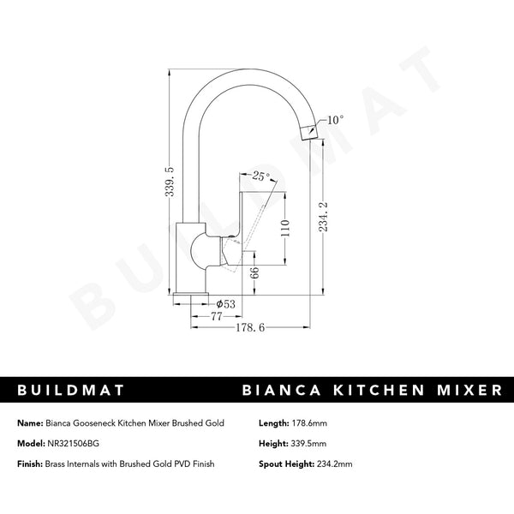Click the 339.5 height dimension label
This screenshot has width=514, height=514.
[170, 182]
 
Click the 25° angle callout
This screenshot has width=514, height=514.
[261, 176]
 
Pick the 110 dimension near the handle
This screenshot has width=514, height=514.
[286, 227]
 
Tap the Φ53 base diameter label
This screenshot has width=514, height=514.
[227, 303]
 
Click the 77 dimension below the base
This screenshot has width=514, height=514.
[205, 316]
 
